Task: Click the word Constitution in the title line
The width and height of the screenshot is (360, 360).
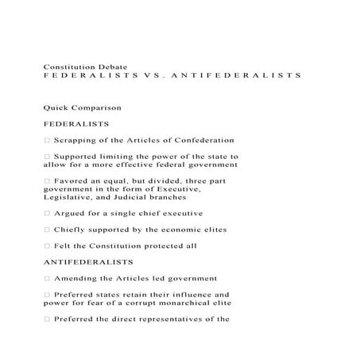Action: click(69, 65)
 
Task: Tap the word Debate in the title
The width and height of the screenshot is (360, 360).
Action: click(118, 65)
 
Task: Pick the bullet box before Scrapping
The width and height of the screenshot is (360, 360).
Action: click(48, 140)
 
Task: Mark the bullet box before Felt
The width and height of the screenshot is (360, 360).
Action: click(48, 245)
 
